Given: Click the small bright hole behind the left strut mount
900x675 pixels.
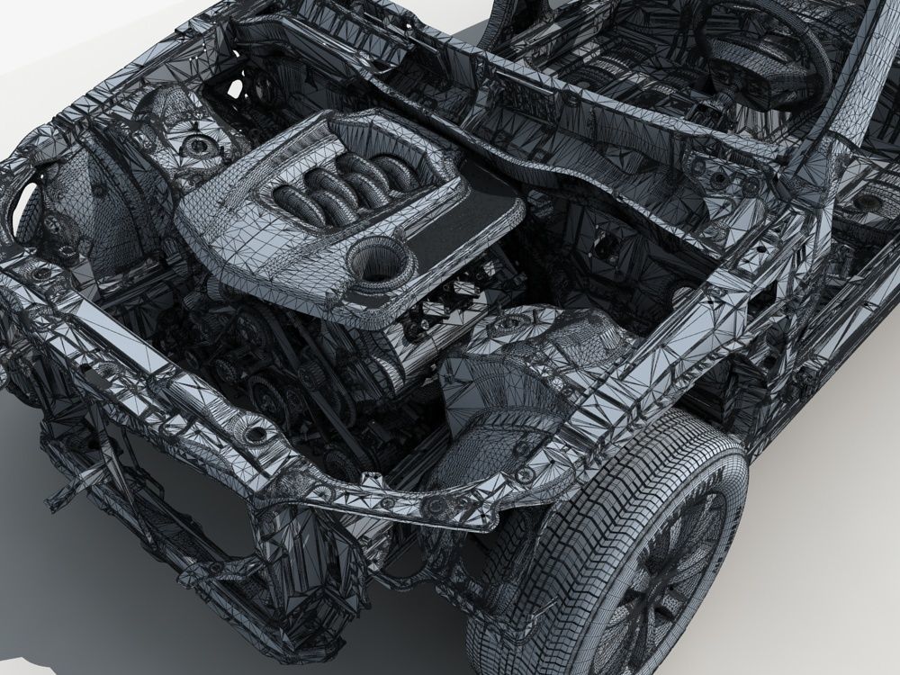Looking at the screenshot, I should [236, 88].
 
